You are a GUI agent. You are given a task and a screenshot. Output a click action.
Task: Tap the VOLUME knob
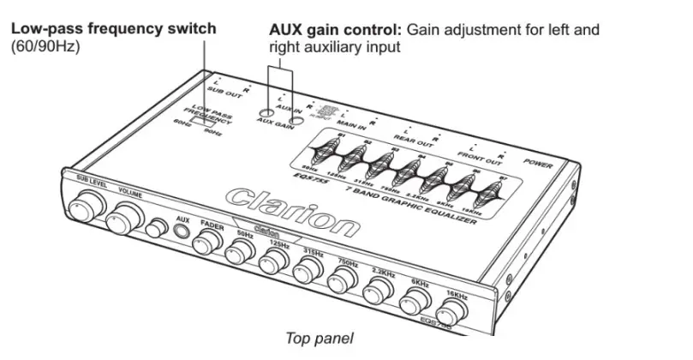pyautogui.click(x=126, y=217)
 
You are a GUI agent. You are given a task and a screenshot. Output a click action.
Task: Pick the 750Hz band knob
pyautogui.click(x=344, y=282)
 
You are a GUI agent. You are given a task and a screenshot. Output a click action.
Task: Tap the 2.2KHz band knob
pyautogui.click(x=379, y=291)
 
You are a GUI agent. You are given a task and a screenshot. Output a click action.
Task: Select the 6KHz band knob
pyautogui.click(x=416, y=301)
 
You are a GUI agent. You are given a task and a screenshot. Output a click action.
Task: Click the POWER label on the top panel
pyautogui.click(x=538, y=163)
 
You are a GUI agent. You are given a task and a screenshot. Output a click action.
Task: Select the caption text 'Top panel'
pyautogui.click(x=318, y=339)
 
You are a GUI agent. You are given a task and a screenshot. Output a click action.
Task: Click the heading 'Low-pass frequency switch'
pyautogui.click(x=113, y=29)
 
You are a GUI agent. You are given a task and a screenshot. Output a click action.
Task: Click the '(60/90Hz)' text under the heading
pyautogui.click(x=45, y=46)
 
